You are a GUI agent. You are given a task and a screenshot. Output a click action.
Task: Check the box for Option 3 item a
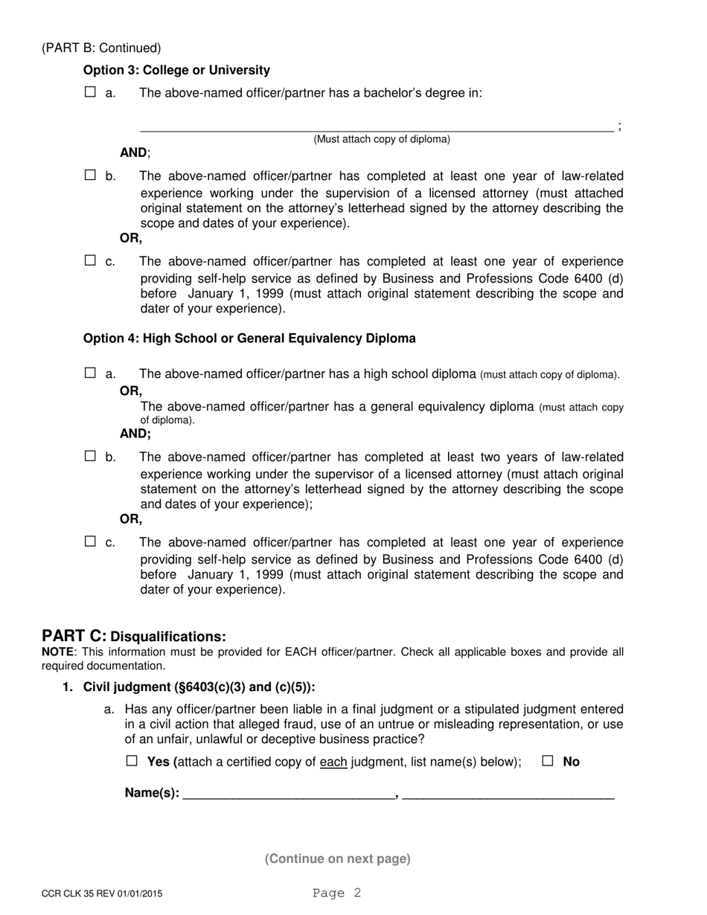pyautogui.click(x=90, y=93)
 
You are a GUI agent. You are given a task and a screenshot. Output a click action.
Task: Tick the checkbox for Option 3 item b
pyautogui.click(x=90, y=176)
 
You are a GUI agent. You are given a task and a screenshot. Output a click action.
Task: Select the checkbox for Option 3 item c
pyautogui.click(x=90, y=261)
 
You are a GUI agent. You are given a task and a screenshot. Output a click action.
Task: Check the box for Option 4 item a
pyautogui.click(x=90, y=373)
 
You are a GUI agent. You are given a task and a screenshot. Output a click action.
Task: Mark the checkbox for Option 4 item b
pyautogui.click(x=90, y=457)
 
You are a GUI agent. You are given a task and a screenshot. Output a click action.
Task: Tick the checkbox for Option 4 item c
pyautogui.click(x=90, y=542)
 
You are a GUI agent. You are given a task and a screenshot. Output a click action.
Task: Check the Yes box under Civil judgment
pyautogui.click(x=132, y=761)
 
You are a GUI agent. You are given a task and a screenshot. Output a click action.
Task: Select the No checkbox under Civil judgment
pyautogui.click(x=548, y=761)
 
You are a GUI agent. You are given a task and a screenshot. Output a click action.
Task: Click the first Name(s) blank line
pyautogui.click(x=288, y=794)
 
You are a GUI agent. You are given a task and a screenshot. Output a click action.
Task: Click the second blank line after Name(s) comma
pyautogui.click(x=508, y=794)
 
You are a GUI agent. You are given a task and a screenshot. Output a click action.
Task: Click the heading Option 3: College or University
pyautogui.click(x=176, y=71)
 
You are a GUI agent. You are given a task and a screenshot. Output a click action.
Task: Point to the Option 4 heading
pyautogui.click(x=249, y=338)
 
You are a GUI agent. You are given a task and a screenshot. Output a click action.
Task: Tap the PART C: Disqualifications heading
pyautogui.click(x=134, y=636)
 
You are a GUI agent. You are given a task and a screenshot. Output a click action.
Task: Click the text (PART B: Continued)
pyautogui.click(x=101, y=48)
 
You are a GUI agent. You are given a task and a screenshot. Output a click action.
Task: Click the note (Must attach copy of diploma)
pyautogui.click(x=381, y=139)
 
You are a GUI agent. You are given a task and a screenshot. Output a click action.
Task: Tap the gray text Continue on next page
pyautogui.click(x=337, y=858)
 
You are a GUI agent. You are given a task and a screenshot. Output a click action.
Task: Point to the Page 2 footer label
pyautogui.click(x=336, y=893)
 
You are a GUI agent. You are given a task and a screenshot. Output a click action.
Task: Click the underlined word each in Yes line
pyautogui.click(x=333, y=762)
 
